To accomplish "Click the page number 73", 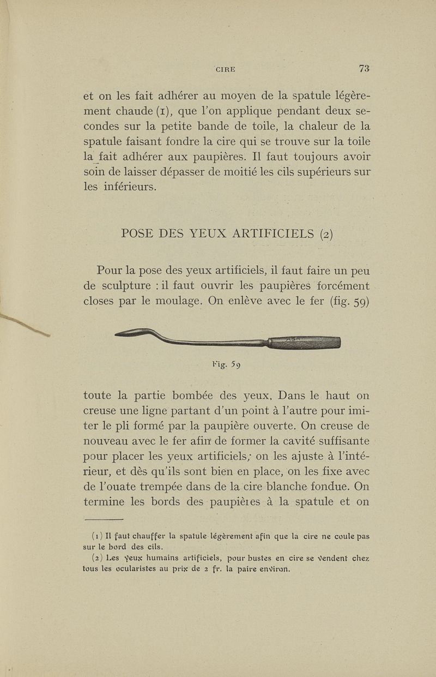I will click(364, 68).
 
